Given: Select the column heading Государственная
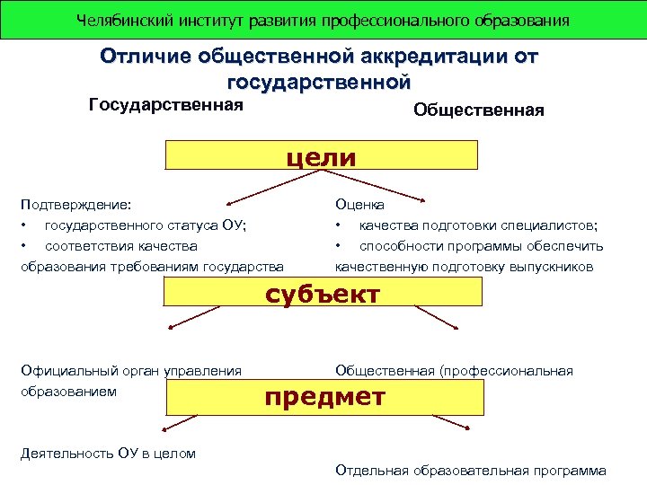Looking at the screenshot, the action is pos(166,106).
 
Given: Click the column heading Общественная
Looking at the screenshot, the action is pos(478,110).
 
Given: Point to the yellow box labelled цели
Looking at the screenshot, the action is pos(321,157).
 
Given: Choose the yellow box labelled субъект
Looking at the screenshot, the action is pos(321,294).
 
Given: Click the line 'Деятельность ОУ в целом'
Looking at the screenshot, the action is pos(108,453).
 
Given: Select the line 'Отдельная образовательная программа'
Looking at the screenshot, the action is pos(470,470).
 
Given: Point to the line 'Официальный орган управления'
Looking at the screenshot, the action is pos(131,371).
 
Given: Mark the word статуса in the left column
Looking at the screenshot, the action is pos(186,225).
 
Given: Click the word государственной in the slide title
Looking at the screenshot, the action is pos(320,83).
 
